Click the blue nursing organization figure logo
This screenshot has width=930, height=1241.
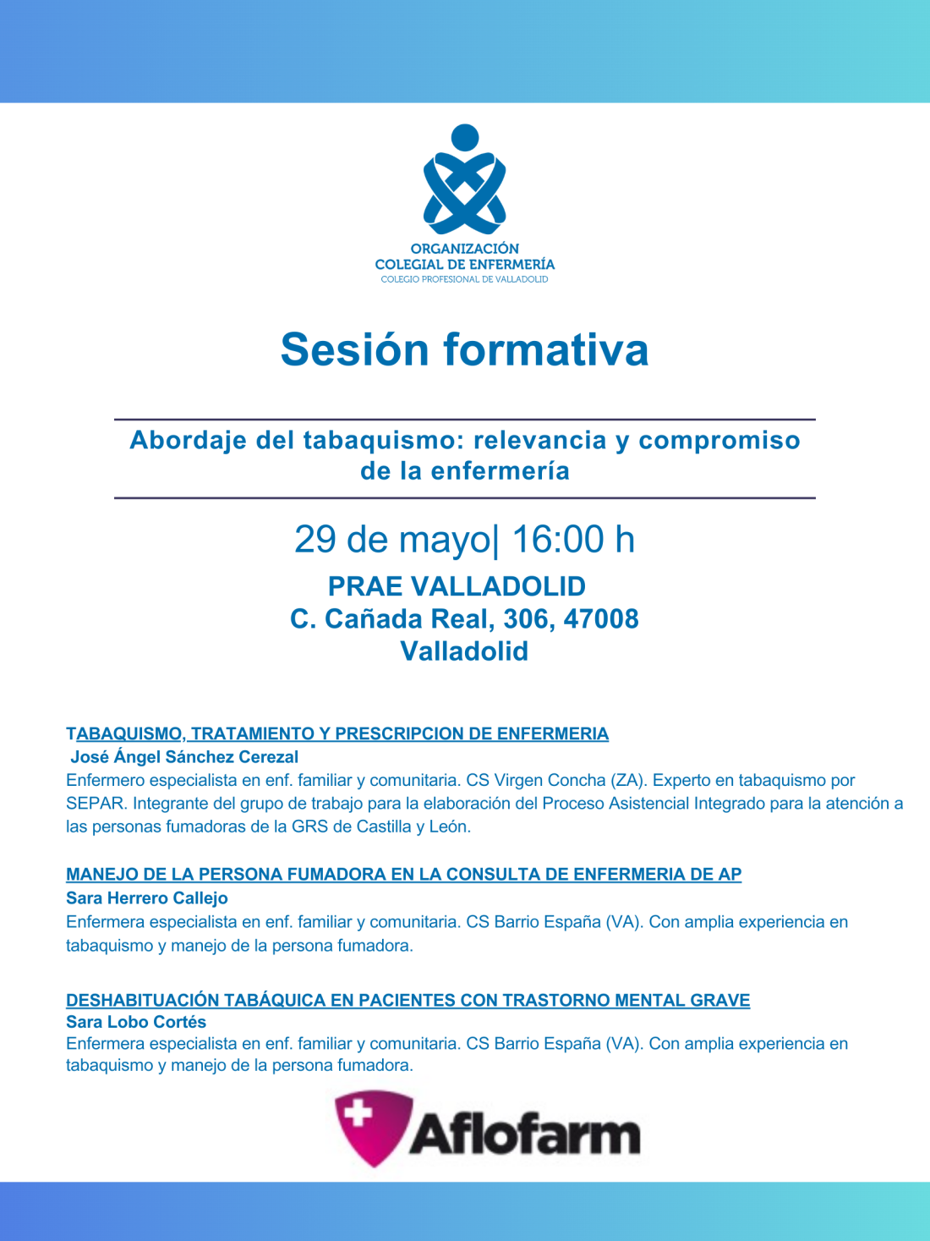pos(464,182)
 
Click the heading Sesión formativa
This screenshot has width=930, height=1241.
pos(464,349)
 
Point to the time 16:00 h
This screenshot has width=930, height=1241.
pos(573,540)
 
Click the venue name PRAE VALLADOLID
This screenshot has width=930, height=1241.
pos(457,586)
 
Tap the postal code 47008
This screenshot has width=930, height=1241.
pos(601,619)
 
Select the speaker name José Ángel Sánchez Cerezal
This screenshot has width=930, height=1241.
pos(184,757)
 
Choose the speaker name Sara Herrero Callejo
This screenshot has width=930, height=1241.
pos(147,898)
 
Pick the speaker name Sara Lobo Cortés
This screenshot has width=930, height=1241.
pos(136,1022)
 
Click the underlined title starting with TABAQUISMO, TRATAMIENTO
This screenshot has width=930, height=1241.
pos(337,734)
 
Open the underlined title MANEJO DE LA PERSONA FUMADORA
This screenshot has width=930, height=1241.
pos(403,875)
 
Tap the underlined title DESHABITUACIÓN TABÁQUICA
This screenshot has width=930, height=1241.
pos(408,1000)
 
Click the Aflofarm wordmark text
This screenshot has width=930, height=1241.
pos(524,1134)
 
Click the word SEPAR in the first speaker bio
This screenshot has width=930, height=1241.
pos(96,804)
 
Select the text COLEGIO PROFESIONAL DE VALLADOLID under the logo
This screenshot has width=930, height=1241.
pos(464,279)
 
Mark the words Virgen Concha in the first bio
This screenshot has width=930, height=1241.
pos(550,780)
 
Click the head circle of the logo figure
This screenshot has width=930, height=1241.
pos(465,138)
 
